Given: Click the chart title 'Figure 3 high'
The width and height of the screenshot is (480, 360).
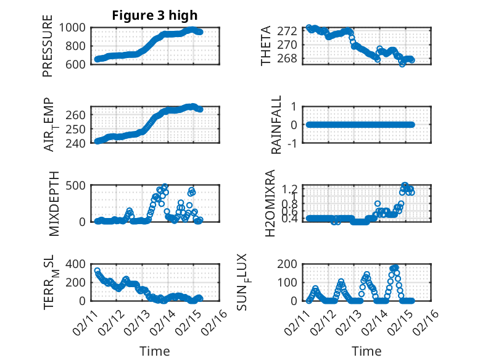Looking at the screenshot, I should pyautogui.click(x=155, y=15).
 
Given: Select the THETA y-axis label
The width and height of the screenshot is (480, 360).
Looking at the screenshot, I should pyautogui.click(x=266, y=46).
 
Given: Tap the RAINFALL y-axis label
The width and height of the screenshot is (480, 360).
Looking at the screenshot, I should pyautogui.click(x=277, y=125).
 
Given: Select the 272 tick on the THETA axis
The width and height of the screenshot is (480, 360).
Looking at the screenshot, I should pyautogui.click(x=290, y=31).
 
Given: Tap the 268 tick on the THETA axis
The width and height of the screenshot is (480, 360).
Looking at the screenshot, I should pyautogui.click(x=290, y=59).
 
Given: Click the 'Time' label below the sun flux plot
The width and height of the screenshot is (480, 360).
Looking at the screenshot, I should pyautogui.click(x=366, y=351).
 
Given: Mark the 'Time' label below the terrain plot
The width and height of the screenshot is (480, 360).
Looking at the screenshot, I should pyautogui.click(x=155, y=351).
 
